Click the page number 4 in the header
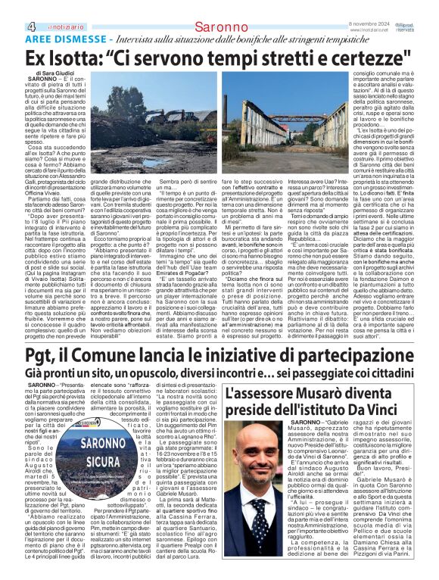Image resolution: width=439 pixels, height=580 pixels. coord(8,8)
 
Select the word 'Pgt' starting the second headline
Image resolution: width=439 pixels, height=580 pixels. coord(20,354)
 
